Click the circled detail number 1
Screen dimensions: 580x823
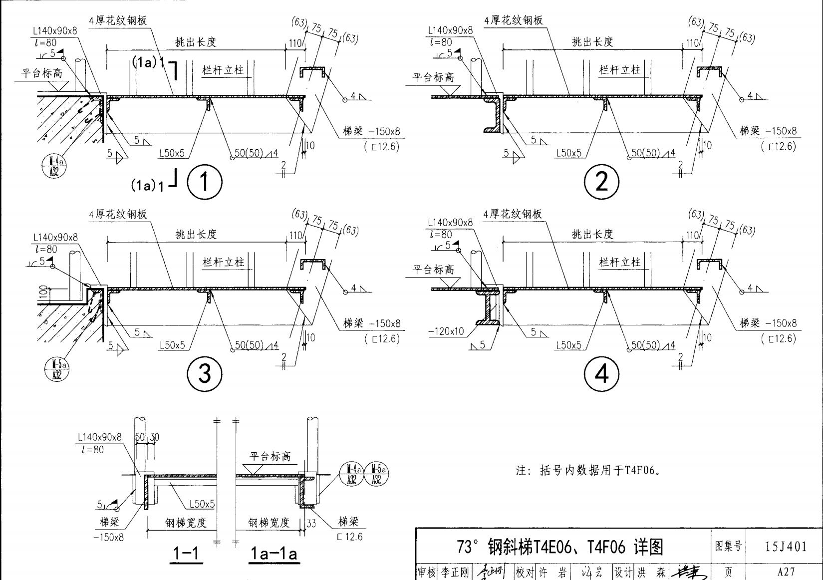205,182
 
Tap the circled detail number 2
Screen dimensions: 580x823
601,182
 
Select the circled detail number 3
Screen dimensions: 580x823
205,374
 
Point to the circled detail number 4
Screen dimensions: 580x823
601,374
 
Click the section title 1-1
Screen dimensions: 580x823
186,553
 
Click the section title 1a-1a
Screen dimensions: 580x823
274,553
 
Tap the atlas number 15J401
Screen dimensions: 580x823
786,547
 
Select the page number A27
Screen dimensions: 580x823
786,572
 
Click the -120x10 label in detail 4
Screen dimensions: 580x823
446,331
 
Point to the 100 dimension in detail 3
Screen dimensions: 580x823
43,291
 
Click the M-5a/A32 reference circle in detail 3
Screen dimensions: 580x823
56,370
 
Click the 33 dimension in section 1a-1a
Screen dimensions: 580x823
311,524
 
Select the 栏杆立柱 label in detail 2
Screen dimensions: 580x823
619,70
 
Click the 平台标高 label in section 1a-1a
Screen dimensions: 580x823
270,456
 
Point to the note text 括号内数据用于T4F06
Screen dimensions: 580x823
589,470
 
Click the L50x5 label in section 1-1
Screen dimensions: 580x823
202,504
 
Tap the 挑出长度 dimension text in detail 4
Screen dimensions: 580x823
592,234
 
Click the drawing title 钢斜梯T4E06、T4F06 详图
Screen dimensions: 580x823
560,547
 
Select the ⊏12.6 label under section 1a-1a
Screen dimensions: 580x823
349,537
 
